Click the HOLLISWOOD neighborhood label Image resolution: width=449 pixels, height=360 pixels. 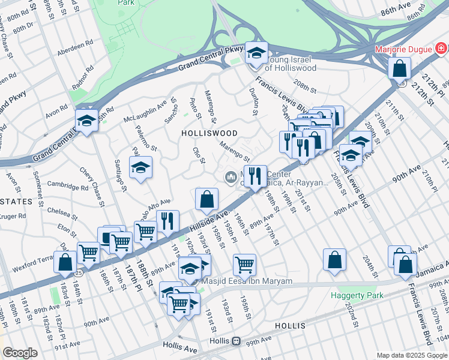click(210, 133)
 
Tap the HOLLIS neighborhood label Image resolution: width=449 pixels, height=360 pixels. click(290, 326)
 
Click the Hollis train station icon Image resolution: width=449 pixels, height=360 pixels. click(237, 341)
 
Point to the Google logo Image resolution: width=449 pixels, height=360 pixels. click(20, 353)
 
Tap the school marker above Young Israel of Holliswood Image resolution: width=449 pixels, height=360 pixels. click(256, 54)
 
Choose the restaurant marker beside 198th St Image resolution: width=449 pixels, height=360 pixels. click(256, 176)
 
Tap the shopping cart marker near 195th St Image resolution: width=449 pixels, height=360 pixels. click(244, 264)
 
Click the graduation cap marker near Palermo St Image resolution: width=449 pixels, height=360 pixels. click(140, 167)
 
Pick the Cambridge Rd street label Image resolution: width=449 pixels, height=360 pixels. click(68, 187)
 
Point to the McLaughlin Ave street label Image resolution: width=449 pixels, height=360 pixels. click(145, 108)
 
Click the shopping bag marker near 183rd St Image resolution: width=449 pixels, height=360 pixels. click(65, 262)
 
